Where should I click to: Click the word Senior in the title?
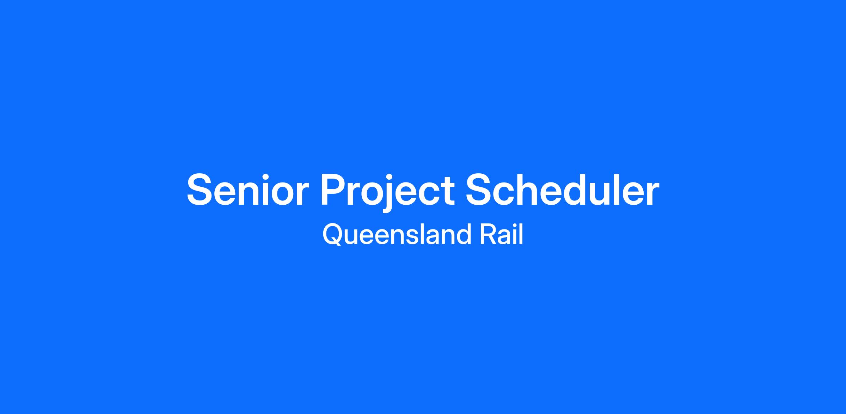pos(248,190)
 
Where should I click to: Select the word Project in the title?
pos(387,192)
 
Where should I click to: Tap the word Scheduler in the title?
pos(562,189)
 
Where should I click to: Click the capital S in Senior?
pos(201,190)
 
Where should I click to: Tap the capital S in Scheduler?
pos(480,190)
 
